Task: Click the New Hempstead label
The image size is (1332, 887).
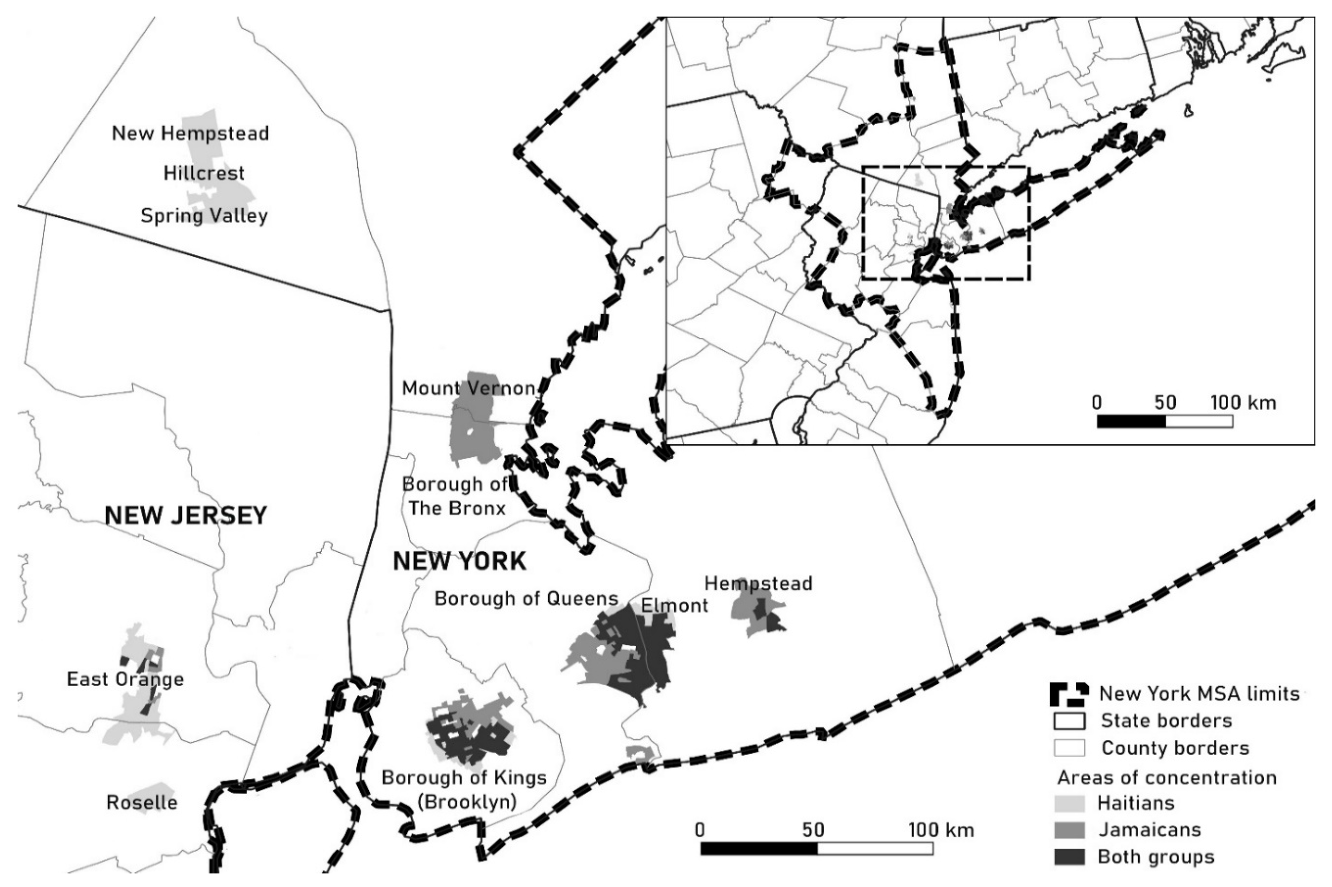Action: (x=190, y=134)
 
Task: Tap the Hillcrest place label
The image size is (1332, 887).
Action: (x=204, y=173)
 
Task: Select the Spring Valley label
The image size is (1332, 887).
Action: (x=204, y=215)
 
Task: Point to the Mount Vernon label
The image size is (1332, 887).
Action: (x=468, y=389)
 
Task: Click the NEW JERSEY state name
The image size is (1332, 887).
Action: (x=186, y=516)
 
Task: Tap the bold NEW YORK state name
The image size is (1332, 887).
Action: (x=460, y=561)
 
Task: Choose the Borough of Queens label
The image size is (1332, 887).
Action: (x=526, y=598)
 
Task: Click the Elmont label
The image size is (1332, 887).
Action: (x=674, y=606)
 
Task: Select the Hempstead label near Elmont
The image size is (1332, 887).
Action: (x=758, y=584)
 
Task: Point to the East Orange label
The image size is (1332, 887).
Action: (x=125, y=679)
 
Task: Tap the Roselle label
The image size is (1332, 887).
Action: (x=142, y=802)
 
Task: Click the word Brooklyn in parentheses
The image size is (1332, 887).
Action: (x=466, y=802)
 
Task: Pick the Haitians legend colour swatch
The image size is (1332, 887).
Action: (x=1069, y=803)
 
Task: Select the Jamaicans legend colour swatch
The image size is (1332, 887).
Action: (x=1069, y=830)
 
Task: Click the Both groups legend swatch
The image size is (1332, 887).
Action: (x=1069, y=856)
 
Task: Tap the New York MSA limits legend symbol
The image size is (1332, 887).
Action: (x=1069, y=695)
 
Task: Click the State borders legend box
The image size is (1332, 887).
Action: (x=1069, y=721)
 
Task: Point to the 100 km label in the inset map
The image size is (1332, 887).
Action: (x=1243, y=403)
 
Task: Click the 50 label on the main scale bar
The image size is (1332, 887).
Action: (x=813, y=830)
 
